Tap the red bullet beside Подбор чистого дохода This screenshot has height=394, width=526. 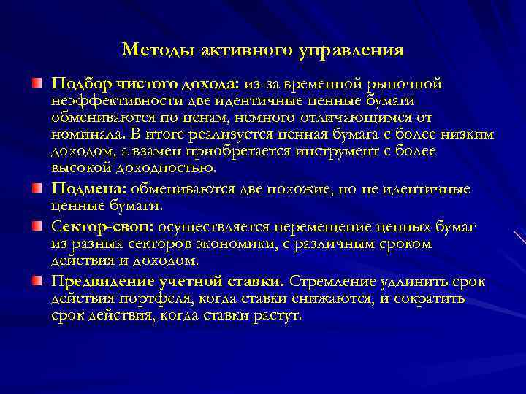coord(37,84)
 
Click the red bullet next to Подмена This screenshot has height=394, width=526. coord(37,190)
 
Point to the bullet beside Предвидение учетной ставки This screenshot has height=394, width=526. coord(37,281)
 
